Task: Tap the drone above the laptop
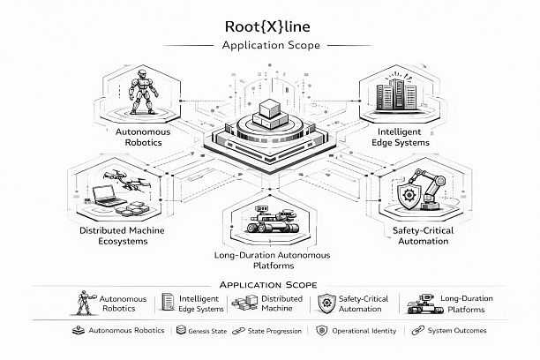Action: [119, 176]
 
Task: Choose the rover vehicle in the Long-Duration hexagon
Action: [274, 221]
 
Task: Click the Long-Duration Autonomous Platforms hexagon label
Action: [273, 260]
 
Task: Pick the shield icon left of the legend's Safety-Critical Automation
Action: [326, 304]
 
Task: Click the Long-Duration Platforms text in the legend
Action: [462, 304]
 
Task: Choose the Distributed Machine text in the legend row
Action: [281, 304]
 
